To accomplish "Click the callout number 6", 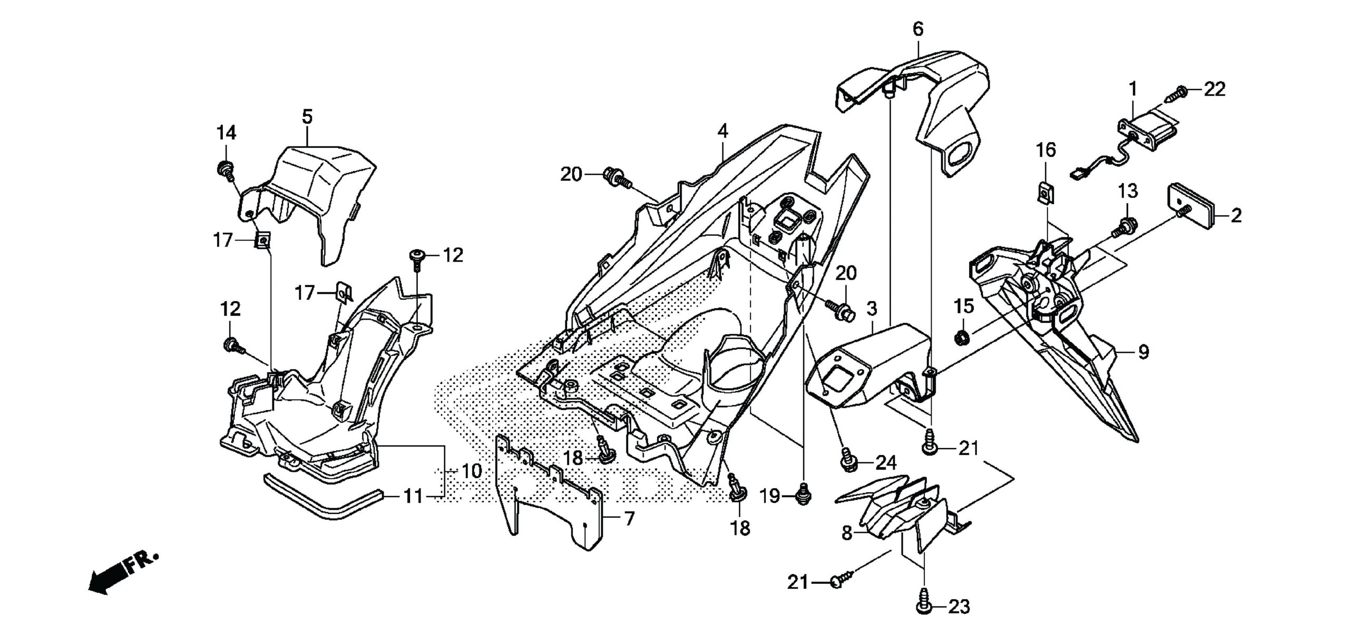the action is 918,29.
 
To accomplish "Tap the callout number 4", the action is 722,131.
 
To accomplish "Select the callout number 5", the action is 307,117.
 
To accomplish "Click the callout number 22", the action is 1215,90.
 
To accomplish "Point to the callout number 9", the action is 1143,352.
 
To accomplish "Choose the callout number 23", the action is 959,607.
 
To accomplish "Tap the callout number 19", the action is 770,496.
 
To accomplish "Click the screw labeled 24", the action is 847,458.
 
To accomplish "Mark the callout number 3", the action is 872,309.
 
